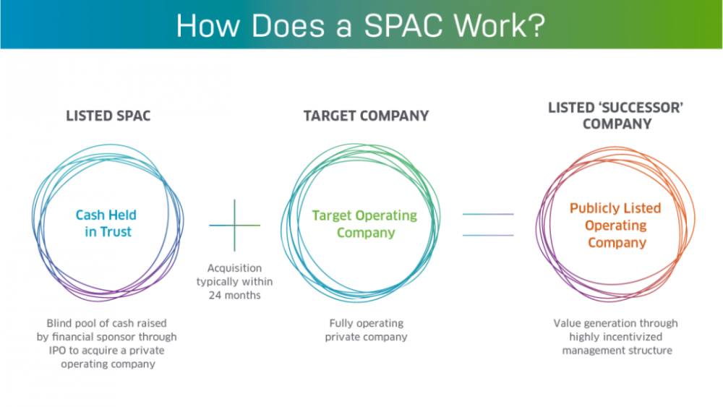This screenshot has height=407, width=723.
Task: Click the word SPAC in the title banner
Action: (405, 26)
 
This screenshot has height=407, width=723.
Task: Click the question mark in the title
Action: (536, 25)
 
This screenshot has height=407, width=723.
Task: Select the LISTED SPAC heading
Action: (108, 116)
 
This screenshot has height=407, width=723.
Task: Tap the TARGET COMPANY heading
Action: (366, 116)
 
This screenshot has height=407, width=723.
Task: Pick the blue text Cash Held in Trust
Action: (106, 223)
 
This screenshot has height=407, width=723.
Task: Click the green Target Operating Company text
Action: (364, 224)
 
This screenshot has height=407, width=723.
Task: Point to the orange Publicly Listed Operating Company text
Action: (616, 226)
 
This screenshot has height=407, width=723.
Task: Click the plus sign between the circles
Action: (235, 226)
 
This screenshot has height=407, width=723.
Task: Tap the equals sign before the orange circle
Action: (488, 225)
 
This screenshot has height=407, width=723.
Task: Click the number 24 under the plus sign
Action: (215, 296)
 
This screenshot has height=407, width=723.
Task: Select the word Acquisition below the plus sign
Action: (235, 268)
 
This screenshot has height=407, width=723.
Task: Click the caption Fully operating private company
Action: (366, 330)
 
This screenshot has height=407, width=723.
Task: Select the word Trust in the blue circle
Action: (116, 232)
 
